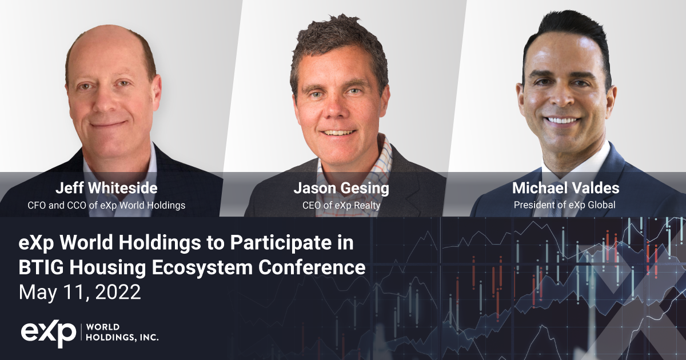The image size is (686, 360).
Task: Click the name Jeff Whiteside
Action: click(106, 187)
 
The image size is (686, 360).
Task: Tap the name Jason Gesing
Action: click(341, 188)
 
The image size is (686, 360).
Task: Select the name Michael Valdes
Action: click(565, 187)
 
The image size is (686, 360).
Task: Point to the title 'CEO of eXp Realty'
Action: click(341, 205)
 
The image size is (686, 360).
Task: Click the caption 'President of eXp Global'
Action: click(564, 205)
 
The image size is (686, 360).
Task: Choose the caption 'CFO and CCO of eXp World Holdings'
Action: click(106, 205)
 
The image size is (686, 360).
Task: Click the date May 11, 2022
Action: click(79, 292)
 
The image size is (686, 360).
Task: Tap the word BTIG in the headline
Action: click(41, 267)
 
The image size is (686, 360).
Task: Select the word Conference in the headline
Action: click(312, 267)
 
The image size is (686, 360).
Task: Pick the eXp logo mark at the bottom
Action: click(49, 335)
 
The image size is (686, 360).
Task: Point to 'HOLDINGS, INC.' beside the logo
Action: click(122, 338)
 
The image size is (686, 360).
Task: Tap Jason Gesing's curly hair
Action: click(338, 40)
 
